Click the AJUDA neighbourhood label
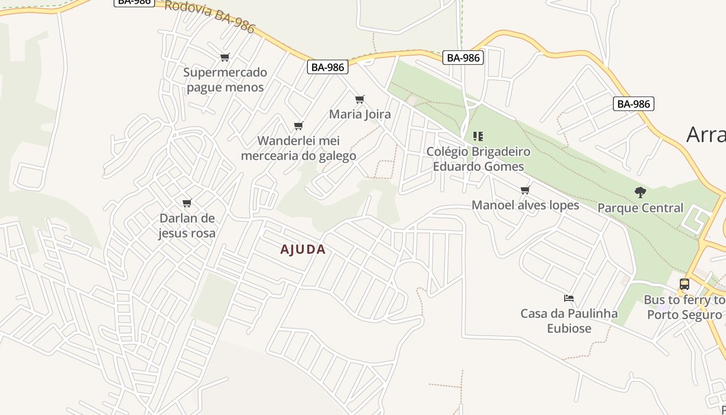tap(303, 250)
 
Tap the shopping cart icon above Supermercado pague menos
tap(225, 57)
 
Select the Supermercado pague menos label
tap(225, 79)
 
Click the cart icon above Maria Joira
tap(359, 99)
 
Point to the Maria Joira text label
tap(360, 114)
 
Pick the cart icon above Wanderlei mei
tap(298, 126)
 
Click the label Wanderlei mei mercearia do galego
tap(299, 148)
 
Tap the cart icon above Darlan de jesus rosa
tap(187, 203)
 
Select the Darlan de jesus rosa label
tap(187, 226)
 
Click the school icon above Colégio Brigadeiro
tap(478, 136)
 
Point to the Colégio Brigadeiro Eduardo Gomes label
tap(478, 159)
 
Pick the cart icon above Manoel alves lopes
tap(525, 190)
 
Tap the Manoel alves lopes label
tap(525, 205)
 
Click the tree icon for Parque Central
tap(640, 192)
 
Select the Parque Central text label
tap(640, 208)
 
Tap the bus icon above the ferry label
tap(685, 284)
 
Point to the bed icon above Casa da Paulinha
tap(569, 298)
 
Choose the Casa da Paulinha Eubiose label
tap(569, 321)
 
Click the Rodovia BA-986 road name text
tap(211, 16)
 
